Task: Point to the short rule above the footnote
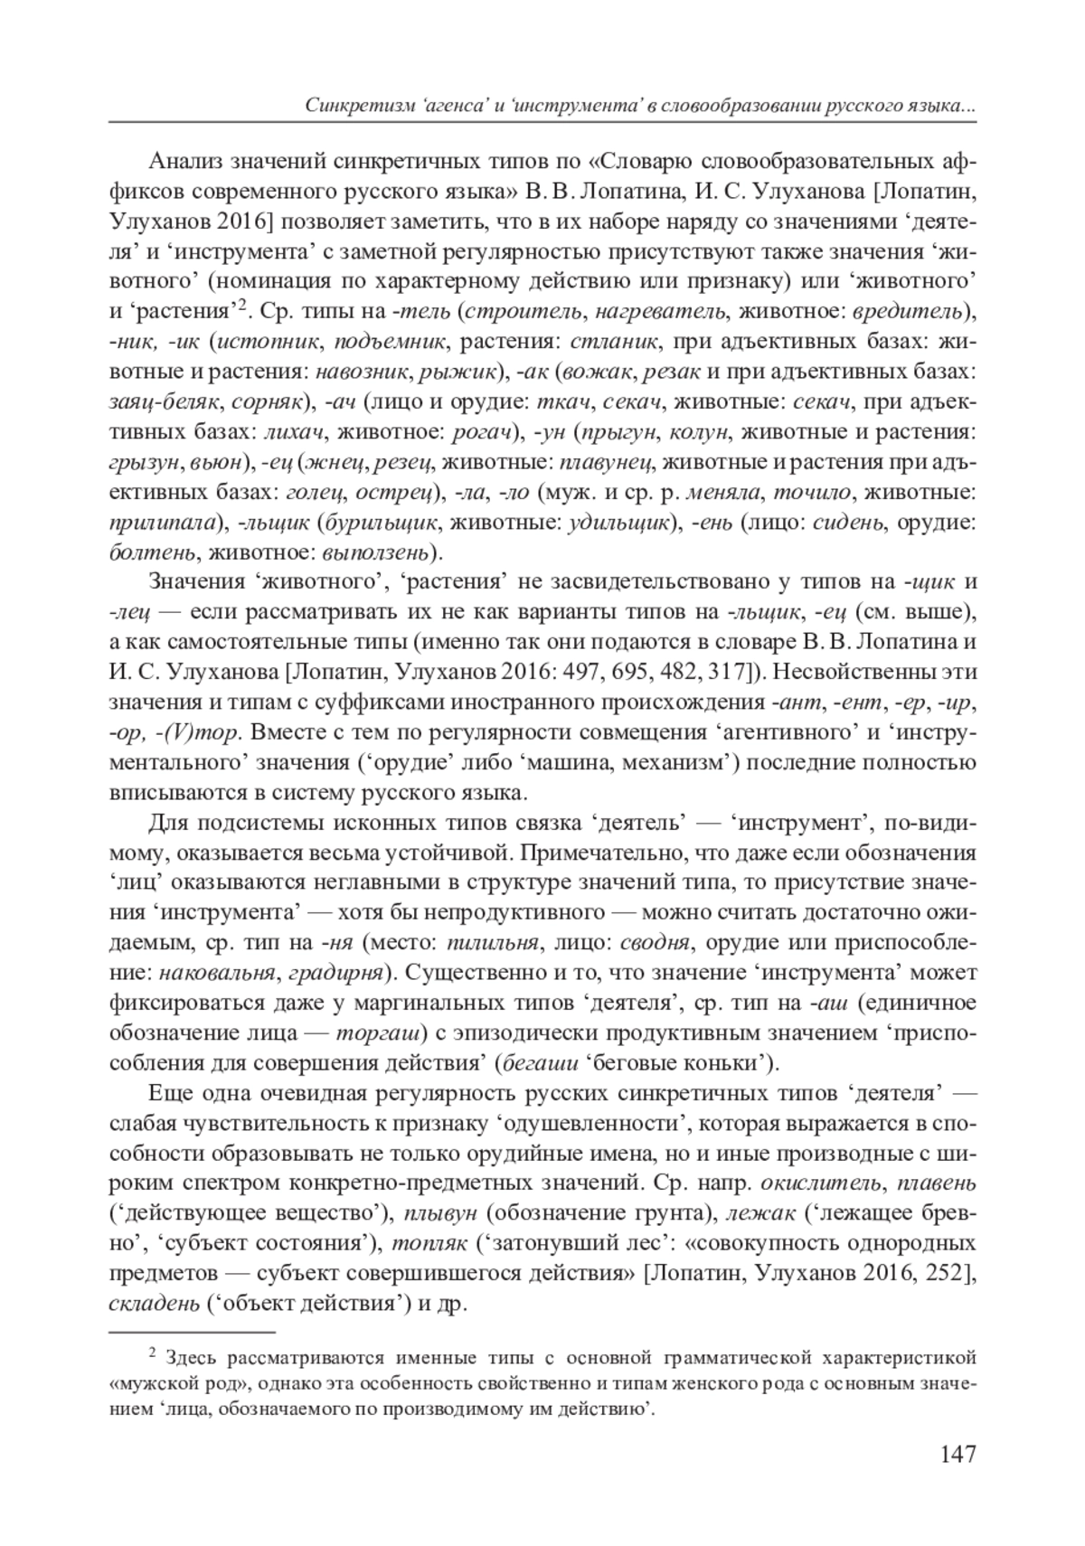coord(190,1332)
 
